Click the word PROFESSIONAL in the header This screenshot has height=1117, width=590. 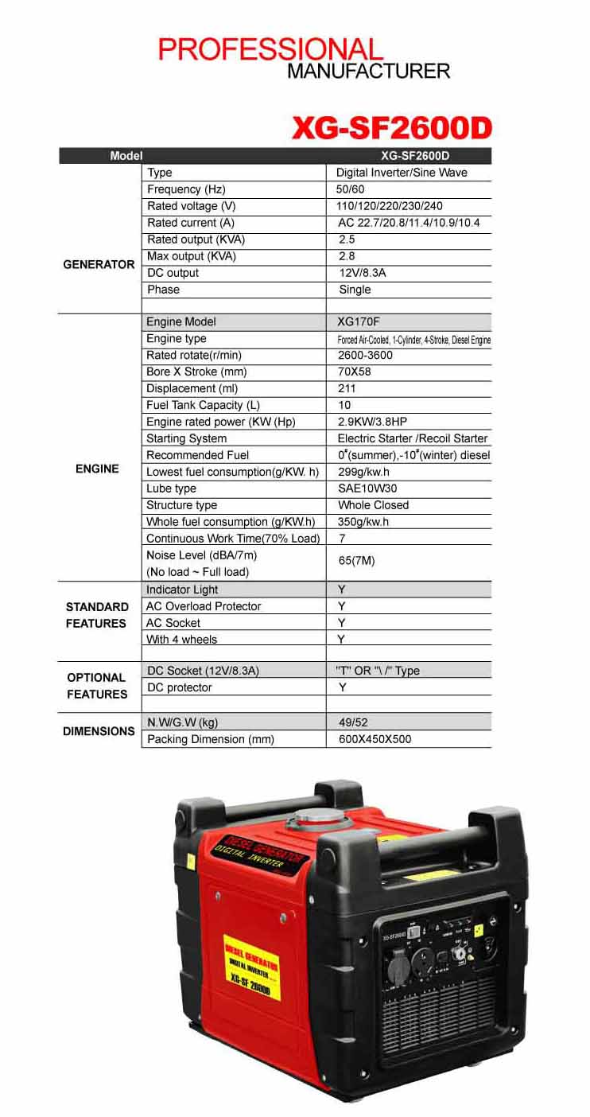click(x=270, y=49)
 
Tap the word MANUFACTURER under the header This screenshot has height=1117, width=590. click(x=368, y=71)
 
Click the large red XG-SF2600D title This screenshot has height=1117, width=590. click(x=392, y=127)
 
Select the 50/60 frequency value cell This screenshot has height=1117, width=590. click(x=350, y=189)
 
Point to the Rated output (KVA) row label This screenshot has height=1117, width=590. click(x=196, y=239)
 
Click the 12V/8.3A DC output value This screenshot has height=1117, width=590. click(x=363, y=273)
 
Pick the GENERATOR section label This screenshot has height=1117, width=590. click(x=99, y=264)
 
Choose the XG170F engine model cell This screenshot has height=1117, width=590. click(x=358, y=322)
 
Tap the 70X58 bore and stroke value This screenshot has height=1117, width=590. click(x=355, y=372)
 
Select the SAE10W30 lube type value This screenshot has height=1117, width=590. click(x=367, y=488)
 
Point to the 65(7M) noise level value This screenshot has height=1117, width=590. click(x=356, y=561)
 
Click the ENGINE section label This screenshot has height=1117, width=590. click(x=97, y=469)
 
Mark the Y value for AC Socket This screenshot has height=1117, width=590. click(x=342, y=623)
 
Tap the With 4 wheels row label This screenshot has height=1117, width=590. click(x=181, y=640)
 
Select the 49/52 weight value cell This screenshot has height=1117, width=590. click(x=351, y=722)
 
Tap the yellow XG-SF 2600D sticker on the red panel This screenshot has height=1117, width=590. click(x=251, y=966)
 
